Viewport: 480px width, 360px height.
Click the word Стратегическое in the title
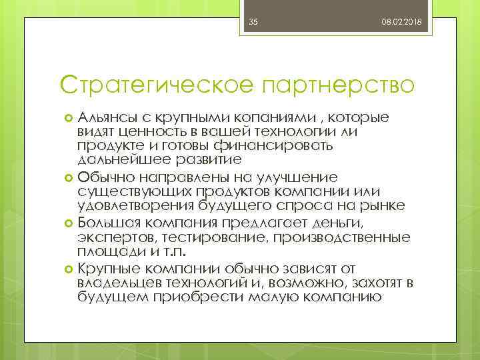click(x=153, y=85)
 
